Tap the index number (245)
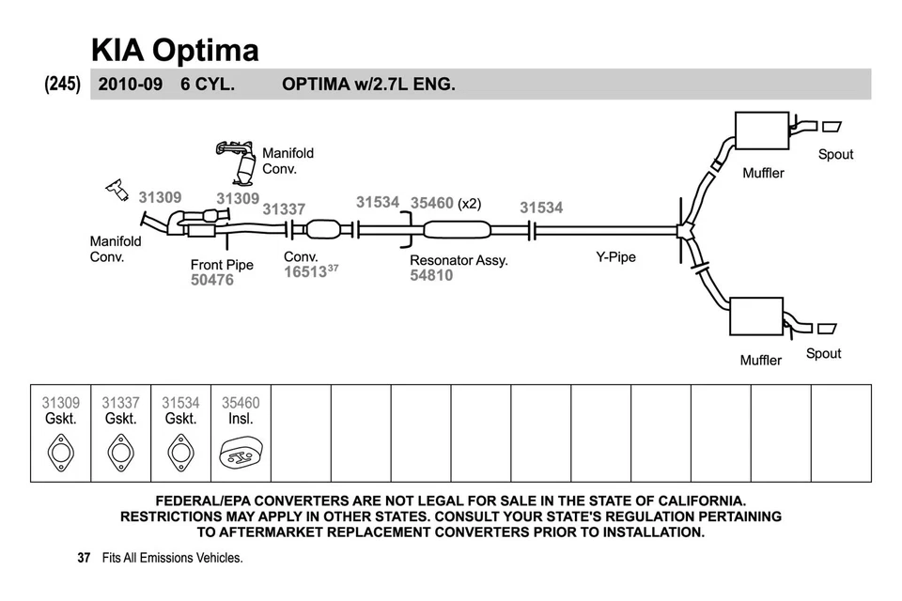click(x=62, y=84)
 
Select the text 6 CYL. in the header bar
click(x=208, y=84)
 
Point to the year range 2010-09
click(x=130, y=84)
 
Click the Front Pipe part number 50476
click(x=212, y=280)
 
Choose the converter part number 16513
click(x=305, y=271)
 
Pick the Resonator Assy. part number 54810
click(x=431, y=275)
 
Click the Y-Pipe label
click(x=615, y=256)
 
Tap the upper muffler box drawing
click(x=761, y=131)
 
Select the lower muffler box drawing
click(x=756, y=317)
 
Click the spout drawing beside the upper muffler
click(x=832, y=127)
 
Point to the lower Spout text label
click(x=823, y=353)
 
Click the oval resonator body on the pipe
click(x=457, y=229)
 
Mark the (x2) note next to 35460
click(x=470, y=203)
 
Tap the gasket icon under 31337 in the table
click(x=120, y=453)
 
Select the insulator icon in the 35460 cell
click(x=241, y=455)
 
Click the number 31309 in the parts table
click(x=61, y=403)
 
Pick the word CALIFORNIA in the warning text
click(x=689, y=501)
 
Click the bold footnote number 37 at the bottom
click(x=84, y=558)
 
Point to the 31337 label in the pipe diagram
click(x=284, y=209)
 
